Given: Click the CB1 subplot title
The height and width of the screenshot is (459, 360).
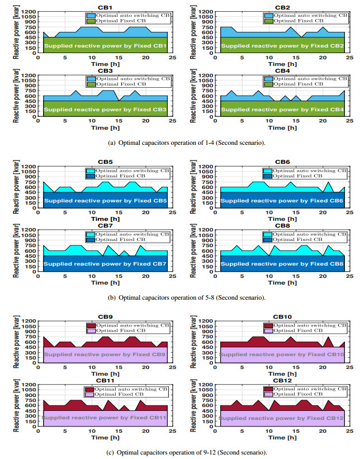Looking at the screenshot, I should point(105,7).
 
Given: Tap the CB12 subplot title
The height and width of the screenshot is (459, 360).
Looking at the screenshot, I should point(283,380).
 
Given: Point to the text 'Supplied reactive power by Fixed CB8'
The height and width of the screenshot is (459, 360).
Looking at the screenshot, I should point(283,264).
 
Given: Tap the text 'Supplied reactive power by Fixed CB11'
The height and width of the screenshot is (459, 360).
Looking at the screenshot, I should point(105,417).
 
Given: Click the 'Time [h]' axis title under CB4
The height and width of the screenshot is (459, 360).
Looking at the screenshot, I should point(283,127).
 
